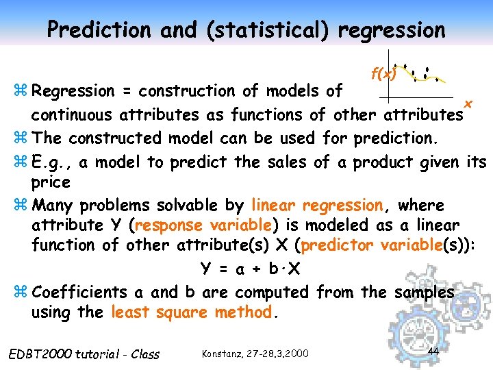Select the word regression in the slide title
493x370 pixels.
pyautogui.click(x=391, y=29)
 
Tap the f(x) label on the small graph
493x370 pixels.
pyautogui.click(x=383, y=73)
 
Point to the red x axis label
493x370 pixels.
pyautogui.click(x=468, y=103)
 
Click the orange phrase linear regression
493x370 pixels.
pyautogui.click(x=317, y=205)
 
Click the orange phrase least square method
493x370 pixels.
pyautogui.click(x=192, y=312)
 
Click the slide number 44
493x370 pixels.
pyautogui.click(x=432, y=351)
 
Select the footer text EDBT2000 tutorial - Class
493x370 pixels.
pyautogui.click(x=83, y=354)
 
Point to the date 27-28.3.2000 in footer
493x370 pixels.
pyautogui.click(x=277, y=354)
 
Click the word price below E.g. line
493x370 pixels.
pyautogui.click(x=51, y=182)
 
